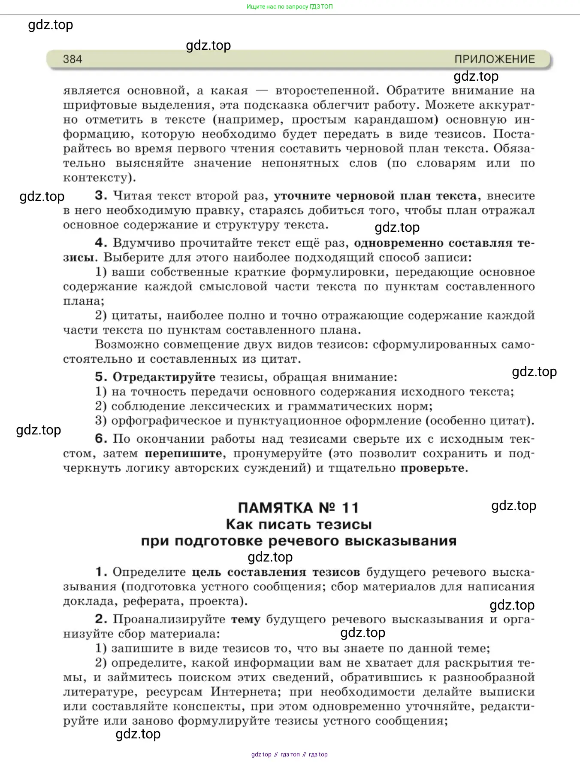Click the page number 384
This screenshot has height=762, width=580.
(x=72, y=59)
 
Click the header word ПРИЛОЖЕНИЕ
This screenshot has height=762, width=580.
(x=495, y=59)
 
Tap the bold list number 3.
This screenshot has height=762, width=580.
(x=101, y=196)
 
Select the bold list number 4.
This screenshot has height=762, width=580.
(x=101, y=243)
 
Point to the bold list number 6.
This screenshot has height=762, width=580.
(x=101, y=439)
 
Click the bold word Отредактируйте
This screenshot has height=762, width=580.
(x=164, y=377)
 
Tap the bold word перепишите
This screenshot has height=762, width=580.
(x=183, y=454)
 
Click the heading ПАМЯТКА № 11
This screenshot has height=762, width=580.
(x=298, y=508)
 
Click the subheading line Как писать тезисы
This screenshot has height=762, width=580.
(x=299, y=524)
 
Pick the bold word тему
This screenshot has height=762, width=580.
(x=245, y=619)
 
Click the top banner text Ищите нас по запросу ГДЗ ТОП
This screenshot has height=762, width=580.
(x=290, y=6)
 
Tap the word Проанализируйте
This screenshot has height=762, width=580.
(x=169, y=619)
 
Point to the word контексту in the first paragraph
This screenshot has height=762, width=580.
(x=97, y=178)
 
